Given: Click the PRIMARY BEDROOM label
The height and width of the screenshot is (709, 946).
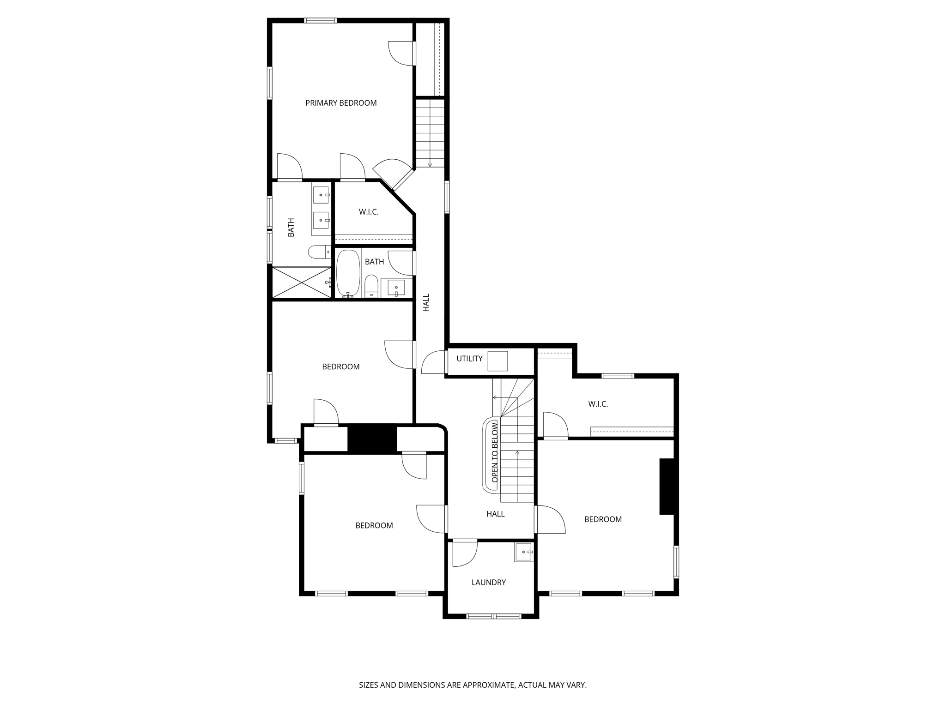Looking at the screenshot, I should click(x=341, y=103).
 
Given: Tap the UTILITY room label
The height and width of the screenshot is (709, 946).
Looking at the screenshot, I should click(x=469, y=359).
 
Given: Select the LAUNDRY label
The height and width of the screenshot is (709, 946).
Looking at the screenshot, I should click(x=488, y=583).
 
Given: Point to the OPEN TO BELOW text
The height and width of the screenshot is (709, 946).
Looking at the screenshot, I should click(x=495, y=452).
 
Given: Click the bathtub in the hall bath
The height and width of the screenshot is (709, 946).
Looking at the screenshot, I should click(x=348, y=273).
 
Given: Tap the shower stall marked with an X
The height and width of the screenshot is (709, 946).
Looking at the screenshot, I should click(x=302, y=282).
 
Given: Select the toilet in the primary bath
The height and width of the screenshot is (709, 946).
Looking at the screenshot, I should click(x=319, y=252).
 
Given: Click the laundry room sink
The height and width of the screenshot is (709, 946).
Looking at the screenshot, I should click(x=524, y=552).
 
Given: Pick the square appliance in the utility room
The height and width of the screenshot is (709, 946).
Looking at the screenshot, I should click(x=498, y=361).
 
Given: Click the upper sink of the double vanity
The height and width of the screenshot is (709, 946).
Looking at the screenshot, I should click(x=321, y=195).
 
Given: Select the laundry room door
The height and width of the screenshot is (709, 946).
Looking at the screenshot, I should click(x=464, y=553).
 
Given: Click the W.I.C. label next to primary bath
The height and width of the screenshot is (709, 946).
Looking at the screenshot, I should click(x=369, y=212).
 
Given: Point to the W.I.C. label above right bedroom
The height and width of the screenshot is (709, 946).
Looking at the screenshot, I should click(x=598, y=404).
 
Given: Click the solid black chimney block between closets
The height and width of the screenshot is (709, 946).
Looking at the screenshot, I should click(x=372, y=439).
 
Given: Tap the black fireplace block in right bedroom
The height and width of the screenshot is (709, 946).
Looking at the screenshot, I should click(x=667, y=486).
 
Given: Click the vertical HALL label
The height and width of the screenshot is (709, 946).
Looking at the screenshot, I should click(x=426, y=302).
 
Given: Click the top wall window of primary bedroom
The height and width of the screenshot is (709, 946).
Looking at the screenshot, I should click(x=320, y=20).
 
